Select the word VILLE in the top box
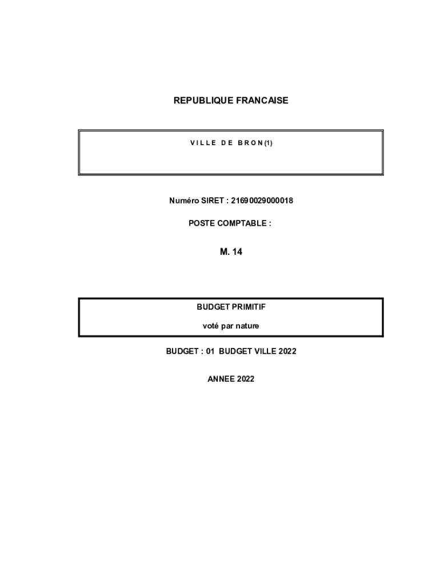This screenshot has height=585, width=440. coord(203,143)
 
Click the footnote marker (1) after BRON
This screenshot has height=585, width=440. coord(269,143)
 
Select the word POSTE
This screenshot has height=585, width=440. coord(201,223)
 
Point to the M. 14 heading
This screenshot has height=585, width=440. coord(231,251)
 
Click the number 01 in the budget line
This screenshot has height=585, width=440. coord(210,351)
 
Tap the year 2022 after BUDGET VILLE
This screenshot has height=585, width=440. coord(287,351)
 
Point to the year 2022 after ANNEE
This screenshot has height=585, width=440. coord(246,379)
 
